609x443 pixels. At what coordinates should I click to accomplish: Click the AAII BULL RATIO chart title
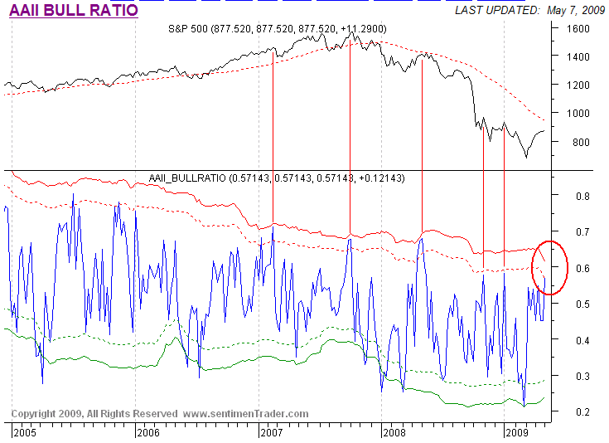[73, 11]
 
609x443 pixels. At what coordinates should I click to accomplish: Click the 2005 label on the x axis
[25, 432]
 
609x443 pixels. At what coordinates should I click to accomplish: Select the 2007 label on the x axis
[271, 432]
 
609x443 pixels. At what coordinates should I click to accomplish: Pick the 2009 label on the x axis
[517, 432]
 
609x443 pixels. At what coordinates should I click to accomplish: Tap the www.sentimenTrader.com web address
[245, 413]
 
